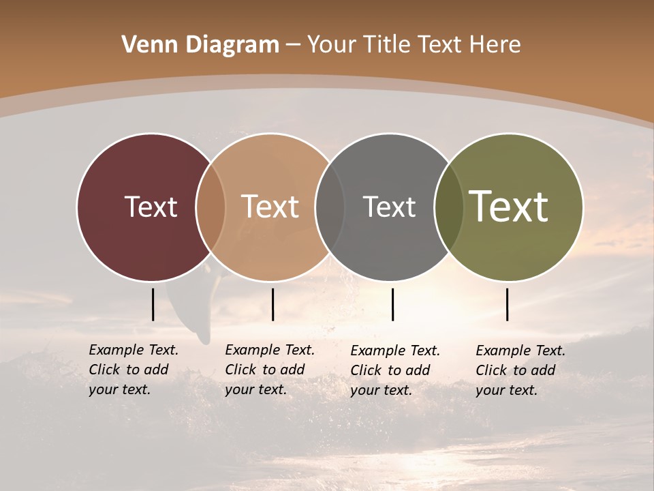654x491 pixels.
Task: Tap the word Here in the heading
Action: click(x=496, y=45)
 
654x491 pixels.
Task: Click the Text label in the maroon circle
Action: click(x=151, y=207)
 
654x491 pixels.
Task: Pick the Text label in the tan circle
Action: click(x=270, y=207)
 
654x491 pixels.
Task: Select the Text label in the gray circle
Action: click(x=389, y=207)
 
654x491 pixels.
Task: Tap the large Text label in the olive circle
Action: click(x=509, y=207)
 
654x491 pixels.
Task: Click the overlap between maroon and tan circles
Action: click(x=211, y=207)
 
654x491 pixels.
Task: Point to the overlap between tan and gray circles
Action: click(x=330, y=207)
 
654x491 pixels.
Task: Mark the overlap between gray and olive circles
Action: click(x=449, y=207)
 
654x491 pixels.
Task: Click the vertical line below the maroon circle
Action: click(x=153, y=304)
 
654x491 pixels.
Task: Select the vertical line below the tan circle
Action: click(x=272, y=304)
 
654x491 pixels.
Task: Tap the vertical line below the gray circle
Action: click(x=392, y=304)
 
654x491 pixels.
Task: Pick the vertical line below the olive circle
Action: click(x=507, y=304)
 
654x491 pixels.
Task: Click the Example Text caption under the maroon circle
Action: click(x=133, y=370)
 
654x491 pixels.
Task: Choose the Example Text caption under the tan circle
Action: click(x=269, y=370)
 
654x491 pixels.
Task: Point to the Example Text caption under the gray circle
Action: click(x=394, y=370)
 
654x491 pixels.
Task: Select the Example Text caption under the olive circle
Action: click(x=520, y=370)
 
